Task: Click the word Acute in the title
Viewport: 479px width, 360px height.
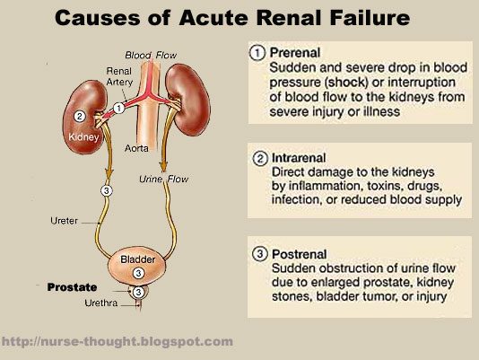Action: point(213,18)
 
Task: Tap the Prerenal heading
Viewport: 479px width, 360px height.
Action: point(295,53)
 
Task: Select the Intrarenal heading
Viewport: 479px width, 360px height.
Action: point(299,158)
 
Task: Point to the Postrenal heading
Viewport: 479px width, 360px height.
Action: point(299,254)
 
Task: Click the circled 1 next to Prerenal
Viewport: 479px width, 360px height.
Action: point(257,53)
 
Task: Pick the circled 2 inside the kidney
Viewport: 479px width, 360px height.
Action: point(80,116)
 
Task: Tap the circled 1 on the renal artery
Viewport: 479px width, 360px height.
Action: point(118,108)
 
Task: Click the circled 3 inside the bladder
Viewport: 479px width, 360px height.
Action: point(138,273)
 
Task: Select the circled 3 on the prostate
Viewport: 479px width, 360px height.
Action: point(138,293)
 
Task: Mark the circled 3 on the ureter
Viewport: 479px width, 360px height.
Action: point(107,191)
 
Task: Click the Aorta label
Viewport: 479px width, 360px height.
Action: point(136,148)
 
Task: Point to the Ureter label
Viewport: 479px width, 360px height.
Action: point(65,221)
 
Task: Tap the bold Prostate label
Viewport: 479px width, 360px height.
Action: point(72,287)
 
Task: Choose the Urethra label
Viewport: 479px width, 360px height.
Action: point(101,303)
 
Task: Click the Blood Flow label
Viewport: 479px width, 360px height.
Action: point(151,56)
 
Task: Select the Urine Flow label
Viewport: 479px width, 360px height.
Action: point(164,179)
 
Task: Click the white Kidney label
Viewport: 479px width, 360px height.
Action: point(83,136)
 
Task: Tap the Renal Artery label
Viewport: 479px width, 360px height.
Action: point(119,76)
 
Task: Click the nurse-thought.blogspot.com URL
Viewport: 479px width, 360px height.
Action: point(117,341)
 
